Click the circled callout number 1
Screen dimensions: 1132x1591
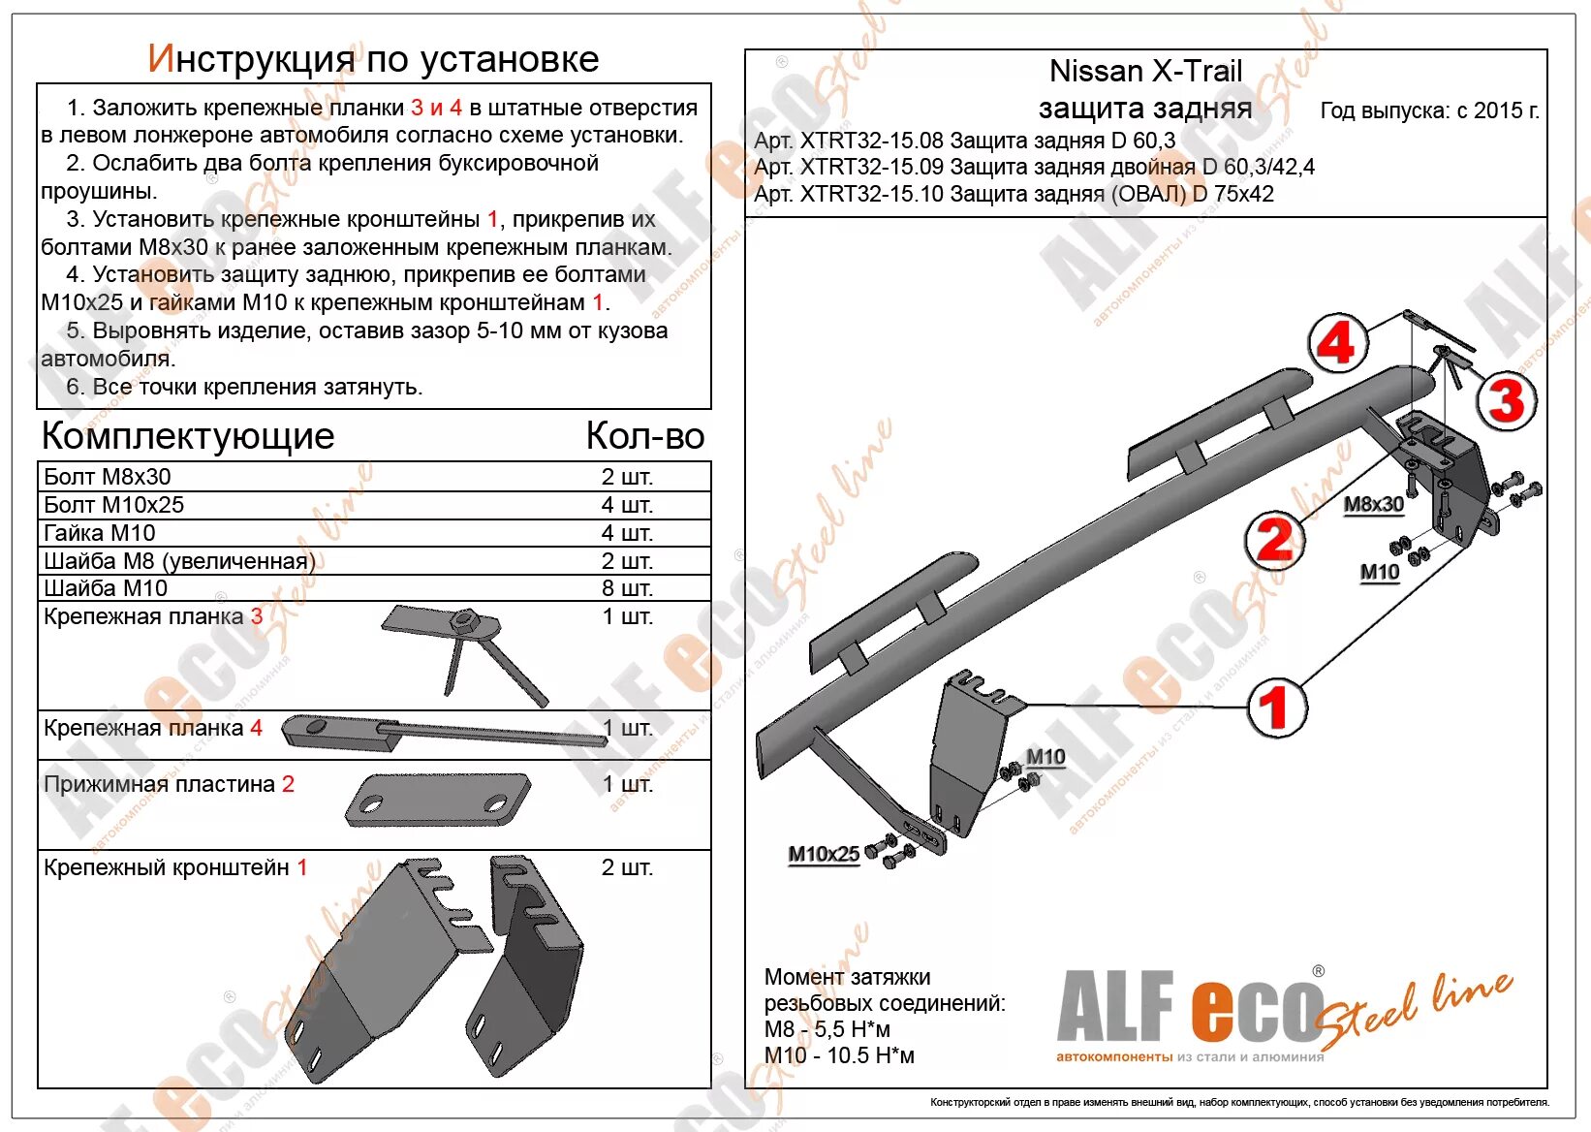1276,707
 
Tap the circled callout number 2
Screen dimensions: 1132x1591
1274,541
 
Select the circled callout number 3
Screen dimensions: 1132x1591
1506,401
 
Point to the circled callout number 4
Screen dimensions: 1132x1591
1337,343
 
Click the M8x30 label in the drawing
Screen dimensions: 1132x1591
1373,505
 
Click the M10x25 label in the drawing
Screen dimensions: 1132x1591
824,855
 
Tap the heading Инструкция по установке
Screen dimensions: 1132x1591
373,59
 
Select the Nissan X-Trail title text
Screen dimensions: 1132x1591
1145,72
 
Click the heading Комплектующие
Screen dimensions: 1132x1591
188,436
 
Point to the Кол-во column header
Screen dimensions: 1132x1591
644,436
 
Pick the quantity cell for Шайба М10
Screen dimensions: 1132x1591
627,588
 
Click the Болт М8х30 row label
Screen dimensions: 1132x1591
108,477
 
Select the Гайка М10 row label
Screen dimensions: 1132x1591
100,533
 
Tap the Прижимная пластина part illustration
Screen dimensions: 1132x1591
438,799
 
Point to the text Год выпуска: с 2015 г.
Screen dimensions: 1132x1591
1429,111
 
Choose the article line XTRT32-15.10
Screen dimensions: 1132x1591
1014,194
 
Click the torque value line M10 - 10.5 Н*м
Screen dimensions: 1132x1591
839,1055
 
